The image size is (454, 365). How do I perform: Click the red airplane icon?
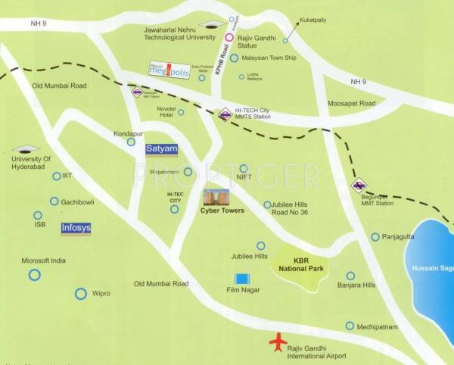(x=278, y=342)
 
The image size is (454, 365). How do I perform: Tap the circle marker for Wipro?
(x=81, y=293)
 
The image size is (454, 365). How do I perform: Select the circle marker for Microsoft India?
(x=34, y=275)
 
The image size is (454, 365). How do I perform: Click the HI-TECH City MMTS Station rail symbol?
(x=225, y=115)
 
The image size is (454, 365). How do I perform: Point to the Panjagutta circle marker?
(x=375, y=237)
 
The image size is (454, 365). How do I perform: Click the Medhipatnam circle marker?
(x=350, y=326)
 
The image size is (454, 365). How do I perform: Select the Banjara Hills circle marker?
(x=350, y=276)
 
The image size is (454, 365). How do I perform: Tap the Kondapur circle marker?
(x=131, y=141)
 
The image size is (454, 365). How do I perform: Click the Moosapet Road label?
(x=351, y=103)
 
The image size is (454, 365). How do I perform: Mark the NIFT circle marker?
(x=243, y=168)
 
